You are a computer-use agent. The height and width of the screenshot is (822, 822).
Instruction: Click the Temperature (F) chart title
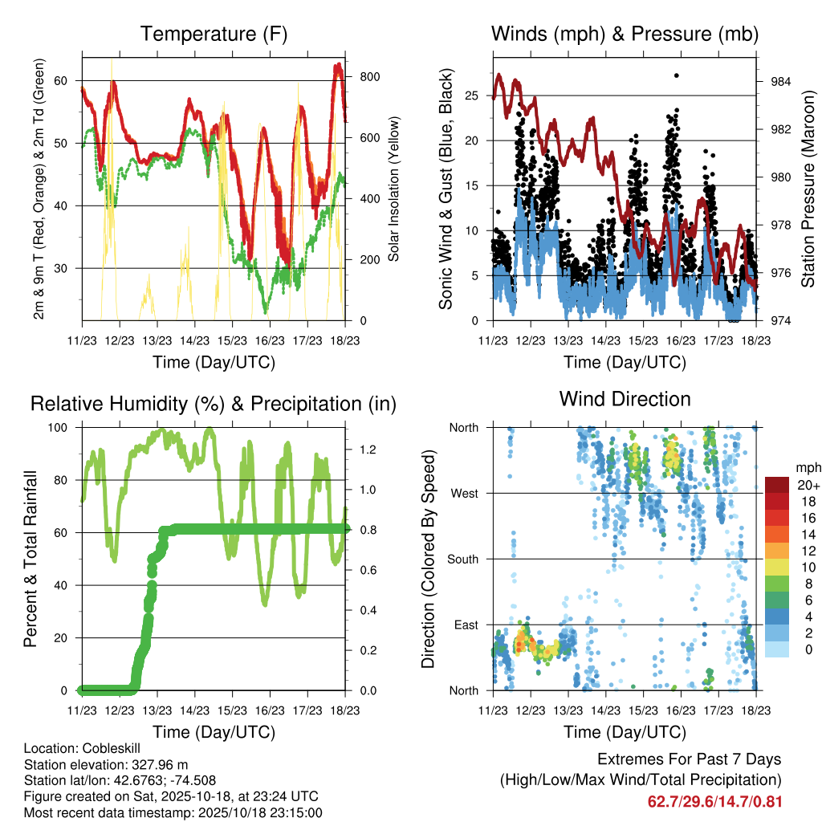click(214, 34)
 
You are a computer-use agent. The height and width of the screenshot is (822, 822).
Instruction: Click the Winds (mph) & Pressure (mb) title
click(625, 34)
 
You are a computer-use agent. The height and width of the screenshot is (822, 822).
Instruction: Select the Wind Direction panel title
click(625, 398)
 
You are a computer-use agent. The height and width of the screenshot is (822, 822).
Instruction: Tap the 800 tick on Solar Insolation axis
click(372, 77)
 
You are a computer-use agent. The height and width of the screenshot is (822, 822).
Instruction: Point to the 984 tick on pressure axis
click(781, 82)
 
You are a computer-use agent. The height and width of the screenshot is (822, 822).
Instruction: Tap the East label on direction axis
click(465, 625)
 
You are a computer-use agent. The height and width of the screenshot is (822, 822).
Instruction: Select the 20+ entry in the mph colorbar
click(807, 485)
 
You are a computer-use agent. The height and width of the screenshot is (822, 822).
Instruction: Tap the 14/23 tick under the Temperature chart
click(194, 340)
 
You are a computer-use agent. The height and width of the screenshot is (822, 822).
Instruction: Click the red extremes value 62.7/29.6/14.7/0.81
click(714, 801)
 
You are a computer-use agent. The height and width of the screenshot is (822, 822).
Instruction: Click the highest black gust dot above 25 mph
click(677, 75)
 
